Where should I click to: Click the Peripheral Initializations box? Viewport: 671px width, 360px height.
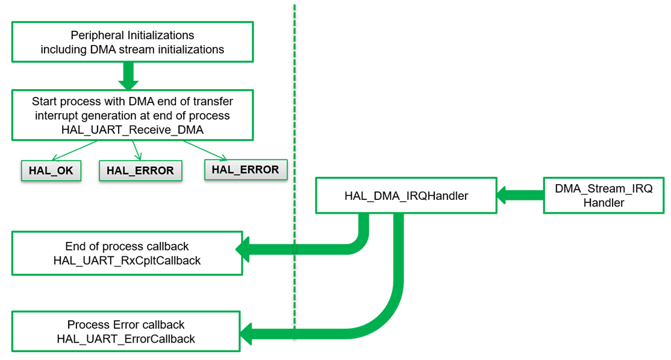pos(133,42)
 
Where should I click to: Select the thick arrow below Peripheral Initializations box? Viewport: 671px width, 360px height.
pos(128,75)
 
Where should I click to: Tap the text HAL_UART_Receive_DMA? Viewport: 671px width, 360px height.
pos(133,129)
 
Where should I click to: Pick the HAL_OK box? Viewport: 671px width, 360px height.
pos(51,171)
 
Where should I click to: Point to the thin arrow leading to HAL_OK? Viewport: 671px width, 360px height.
pos(75,151)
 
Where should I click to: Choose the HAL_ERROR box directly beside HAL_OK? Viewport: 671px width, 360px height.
pos(140,171)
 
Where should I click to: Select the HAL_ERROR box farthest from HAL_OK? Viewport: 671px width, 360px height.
pos(245,170)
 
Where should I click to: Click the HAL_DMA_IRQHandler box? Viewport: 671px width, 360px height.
pos(406,196)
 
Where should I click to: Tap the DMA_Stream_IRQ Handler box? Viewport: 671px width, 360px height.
pos(604,196)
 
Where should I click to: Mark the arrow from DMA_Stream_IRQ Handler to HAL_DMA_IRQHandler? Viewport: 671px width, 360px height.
pos(520,195)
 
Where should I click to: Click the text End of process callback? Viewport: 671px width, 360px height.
pos(127,246)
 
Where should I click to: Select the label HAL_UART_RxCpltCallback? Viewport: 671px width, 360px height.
pos(127,261)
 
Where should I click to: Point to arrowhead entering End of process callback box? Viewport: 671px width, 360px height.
pos(243,249)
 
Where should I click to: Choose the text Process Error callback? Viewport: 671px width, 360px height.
pos(126,324)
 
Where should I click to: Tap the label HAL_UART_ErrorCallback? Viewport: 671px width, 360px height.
pos(126,339)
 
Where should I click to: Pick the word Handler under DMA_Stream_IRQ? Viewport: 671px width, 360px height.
pos(604,203)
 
